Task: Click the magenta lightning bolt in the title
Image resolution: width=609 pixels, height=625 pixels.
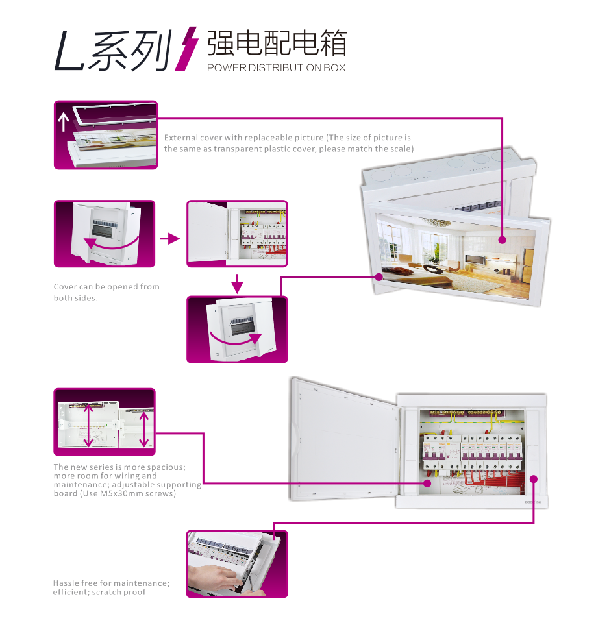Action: coord(186,49)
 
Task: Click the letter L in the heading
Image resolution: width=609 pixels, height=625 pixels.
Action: coord(69,51)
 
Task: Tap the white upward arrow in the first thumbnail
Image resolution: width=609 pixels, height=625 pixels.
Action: coord(64,121)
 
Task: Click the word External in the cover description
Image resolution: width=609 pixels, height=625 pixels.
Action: coord(180,138)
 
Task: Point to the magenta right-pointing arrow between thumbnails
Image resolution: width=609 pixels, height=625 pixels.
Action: coord(170,239)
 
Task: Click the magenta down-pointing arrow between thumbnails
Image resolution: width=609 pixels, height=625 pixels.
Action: coord(237,284)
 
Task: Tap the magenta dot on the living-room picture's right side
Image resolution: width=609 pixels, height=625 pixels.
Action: coord(503,239)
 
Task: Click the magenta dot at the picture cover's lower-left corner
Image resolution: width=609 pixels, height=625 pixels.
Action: coord(379,276)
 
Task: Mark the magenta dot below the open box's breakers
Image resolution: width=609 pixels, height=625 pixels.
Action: coord(428,483)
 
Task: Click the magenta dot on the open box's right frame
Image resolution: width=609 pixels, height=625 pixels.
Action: coord(534,479)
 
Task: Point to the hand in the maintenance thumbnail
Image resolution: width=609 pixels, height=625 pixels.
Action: coord(214,579)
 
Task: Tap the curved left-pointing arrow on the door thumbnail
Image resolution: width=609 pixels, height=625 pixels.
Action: coord(110,243)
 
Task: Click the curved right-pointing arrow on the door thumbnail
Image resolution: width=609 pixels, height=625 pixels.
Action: coord(235,340)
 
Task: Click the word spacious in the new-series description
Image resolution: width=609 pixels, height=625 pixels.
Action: coord(169,467)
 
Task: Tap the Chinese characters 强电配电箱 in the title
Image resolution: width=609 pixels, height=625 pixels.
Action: coord(277,43)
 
